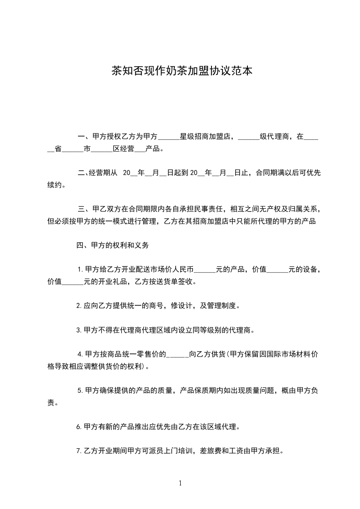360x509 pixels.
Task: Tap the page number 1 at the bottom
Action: click(x=180, y=483)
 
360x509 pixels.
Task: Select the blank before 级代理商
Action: click(x=248, y=137)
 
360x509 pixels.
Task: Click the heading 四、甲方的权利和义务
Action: click(x=111, y=245)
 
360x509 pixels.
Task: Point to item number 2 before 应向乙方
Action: click(x=79, y=306)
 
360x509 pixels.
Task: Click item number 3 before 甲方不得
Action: click(x=79, y=330)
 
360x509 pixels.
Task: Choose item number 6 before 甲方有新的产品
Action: click(x=79, y=427)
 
